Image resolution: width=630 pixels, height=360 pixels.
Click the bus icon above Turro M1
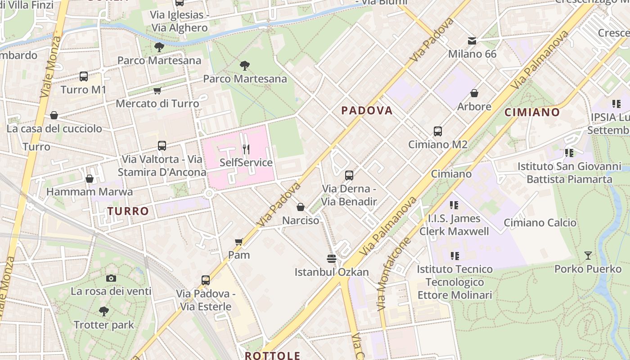pyautogui.click(x=84, y=76)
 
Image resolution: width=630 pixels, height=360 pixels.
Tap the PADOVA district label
pyautogui.click(x=367, y=111)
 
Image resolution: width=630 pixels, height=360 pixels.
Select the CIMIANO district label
pyautogui.click(x=532, y=112)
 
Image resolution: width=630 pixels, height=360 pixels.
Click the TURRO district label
pyautogui.click(x=128, y=211)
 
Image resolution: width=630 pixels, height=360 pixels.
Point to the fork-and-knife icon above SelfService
pyautogui.click(x=246, y=149)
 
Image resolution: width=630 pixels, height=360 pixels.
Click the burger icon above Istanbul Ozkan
pyautogui.click(x=332, y=259)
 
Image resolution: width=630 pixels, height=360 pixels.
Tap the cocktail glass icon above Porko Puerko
pyautogui.click(x=588, y=256)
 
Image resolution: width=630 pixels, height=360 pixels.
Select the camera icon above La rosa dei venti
pyautogui.click(x=111, y=278)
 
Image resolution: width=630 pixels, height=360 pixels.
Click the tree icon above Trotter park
pyautogui.click(x=104, y=311)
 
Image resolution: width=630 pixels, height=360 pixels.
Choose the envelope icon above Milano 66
pyautogui.click(x=472, y=41)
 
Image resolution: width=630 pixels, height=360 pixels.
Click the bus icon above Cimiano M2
pyautogui.click(x=438, y=131)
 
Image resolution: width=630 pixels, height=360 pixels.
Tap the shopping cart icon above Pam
pyautogui.click(x=239, y=242)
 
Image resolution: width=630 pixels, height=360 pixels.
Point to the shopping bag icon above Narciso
pyautogui.click(x=301, y=207)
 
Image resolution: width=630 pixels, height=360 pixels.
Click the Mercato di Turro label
pyautogui.click(x=157, y=103)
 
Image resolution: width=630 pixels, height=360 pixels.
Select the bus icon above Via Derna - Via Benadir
pyautogui.click(x=349, y=175)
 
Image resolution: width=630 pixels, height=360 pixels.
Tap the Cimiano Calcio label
pyautogui.click(x=540, y=223)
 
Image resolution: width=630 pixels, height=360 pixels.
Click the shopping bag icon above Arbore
pyautogui.click(x=474, y=93)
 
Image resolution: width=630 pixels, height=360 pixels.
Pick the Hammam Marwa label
pyautogui.click(x=90, y=192)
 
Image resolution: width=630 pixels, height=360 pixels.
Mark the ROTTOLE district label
pyautogui.click(x=272, y=355)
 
